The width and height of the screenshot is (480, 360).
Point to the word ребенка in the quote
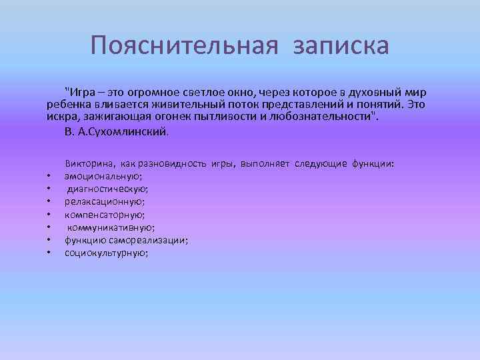click(x=66, y=105)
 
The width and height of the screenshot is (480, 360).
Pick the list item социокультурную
click(x=106, y=253)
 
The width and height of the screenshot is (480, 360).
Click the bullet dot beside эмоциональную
click(x=49, y=177)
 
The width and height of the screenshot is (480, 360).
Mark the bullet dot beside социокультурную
click(x=49, y=253)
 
